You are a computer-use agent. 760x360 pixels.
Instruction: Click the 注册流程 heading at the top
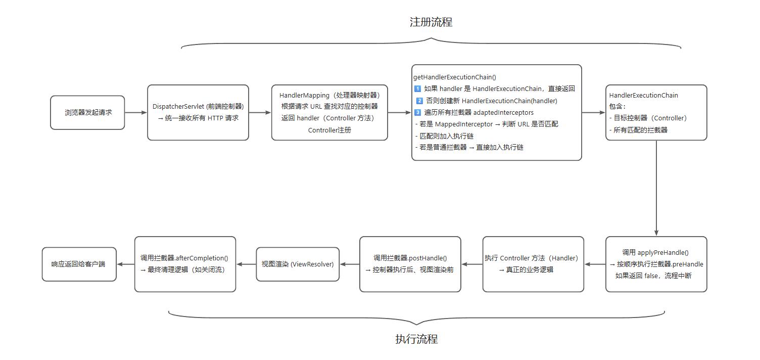click(x=431, y=22)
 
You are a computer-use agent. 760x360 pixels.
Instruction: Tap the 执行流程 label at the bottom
click(x=416, y=339)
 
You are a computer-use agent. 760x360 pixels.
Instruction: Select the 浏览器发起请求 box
click(x=87, y=112)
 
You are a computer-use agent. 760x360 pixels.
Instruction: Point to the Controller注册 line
click(x=329, y=130)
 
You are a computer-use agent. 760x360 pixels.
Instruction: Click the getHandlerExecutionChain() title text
click(x=455, y=77)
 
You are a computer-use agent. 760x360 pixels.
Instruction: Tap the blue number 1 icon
click(x=417, y=89)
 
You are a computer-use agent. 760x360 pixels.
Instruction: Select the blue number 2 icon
click(x=419, y=101)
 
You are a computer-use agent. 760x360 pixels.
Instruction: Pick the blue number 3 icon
click(x=417, y=112)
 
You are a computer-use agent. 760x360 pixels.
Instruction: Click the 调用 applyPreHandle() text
click(x=656, y=252)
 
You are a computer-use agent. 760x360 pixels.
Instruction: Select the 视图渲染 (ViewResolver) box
click(x=298, y=264)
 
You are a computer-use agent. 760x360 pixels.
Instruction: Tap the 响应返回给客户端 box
click(x=79, y=264)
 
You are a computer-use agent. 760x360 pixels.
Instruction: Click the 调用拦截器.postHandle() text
click(x=410, y=258)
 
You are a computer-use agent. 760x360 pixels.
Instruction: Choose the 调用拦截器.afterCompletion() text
click(x=184, y=258)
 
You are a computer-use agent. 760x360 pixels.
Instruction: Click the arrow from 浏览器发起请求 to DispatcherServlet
click(x=136, y=112)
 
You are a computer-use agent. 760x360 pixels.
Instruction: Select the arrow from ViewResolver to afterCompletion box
click(x=246, y=264)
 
